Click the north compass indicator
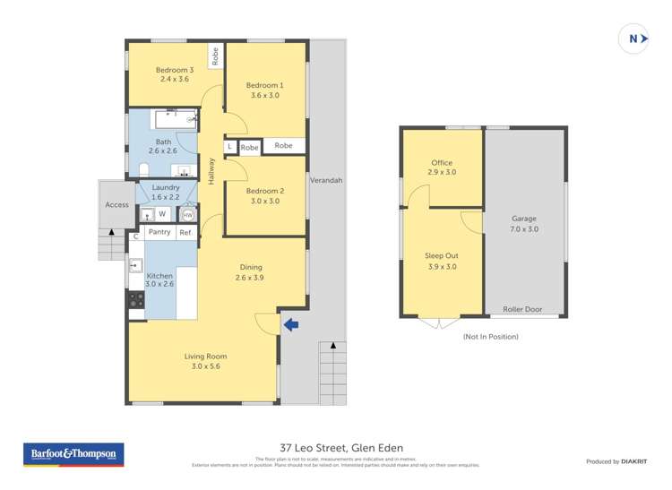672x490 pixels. coord(633,39)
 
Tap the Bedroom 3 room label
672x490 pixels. coord(175,70)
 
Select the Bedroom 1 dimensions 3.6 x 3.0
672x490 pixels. coord(264,95)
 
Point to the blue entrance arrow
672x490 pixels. coord(290,324)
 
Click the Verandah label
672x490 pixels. coord(326,180)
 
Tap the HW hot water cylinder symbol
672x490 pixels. coord(187,215)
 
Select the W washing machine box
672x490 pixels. coord(162,214)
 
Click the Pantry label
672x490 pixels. coord(159,233)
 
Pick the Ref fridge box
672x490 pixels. coord(185,233)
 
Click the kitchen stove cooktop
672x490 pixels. coord(135,300)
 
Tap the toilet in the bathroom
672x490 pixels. coord(144,170)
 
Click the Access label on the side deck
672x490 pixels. coord(116,205)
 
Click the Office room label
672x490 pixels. coord(441,163)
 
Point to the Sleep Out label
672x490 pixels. coord(441,256)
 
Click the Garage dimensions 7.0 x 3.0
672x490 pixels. coord(524,229)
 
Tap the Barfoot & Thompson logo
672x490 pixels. coord(73,455)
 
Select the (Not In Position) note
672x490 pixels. coord(490,337)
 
